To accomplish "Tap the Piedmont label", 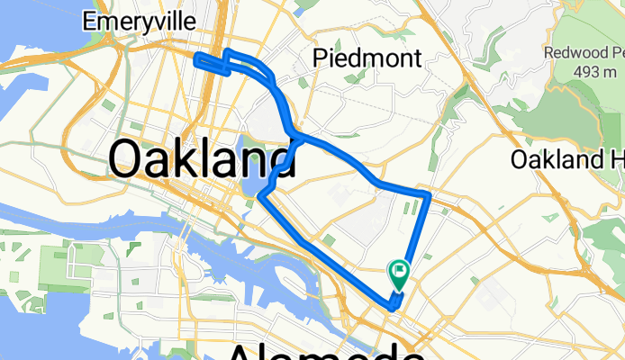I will tap(367, 59).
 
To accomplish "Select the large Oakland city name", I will tap(202, 160).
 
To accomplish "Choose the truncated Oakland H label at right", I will tap(566, 160).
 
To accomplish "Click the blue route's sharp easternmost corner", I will tap(430, 194).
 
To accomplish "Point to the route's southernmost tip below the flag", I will tap(393, 309).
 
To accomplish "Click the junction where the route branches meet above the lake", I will tap(293, 135).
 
